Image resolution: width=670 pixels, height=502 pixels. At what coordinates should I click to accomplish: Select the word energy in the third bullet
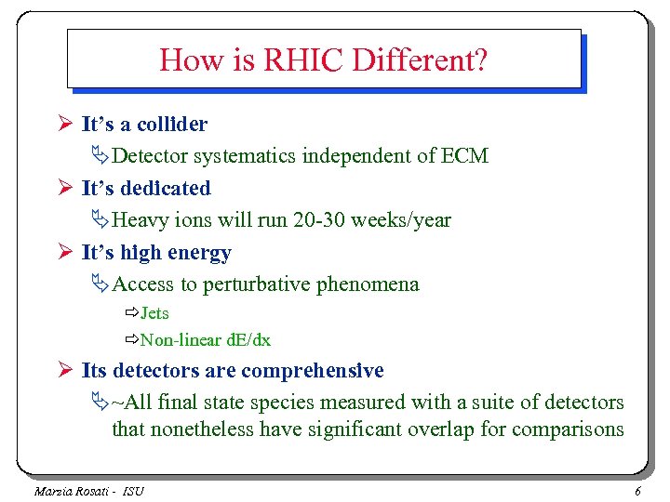[199, 252]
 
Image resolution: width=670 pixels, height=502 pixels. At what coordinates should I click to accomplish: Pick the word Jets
[154, 313]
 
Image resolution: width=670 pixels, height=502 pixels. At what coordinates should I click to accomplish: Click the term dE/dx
[247, 340]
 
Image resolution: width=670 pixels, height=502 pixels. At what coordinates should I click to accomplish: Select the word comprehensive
[312, 371]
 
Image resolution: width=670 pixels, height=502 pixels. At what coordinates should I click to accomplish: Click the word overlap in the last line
[447, 429]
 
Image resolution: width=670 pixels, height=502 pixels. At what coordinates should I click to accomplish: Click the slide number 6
[637, 491]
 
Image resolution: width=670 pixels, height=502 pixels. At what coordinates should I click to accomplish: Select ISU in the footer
[132, 491]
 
